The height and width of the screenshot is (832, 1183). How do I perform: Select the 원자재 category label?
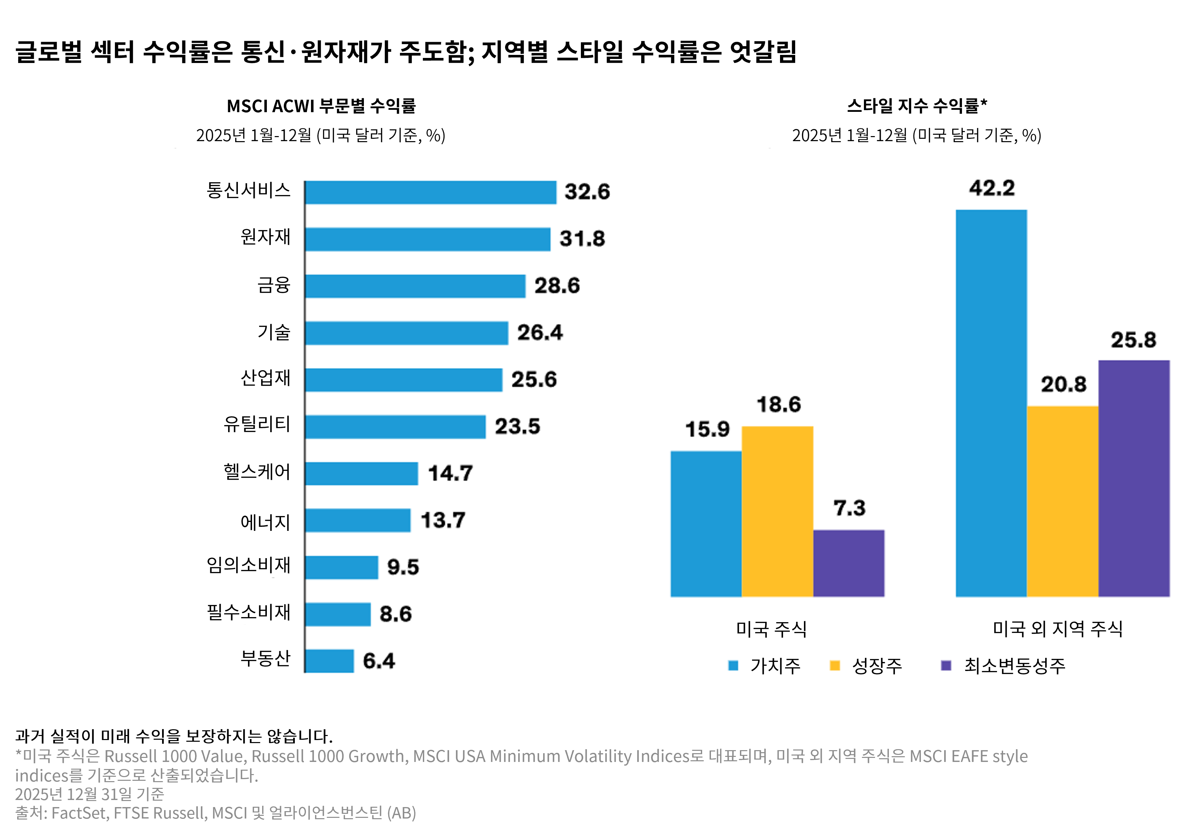[266, 237]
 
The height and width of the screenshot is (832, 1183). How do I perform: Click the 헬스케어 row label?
[257, 472]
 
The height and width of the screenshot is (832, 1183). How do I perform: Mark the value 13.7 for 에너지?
[443, 520]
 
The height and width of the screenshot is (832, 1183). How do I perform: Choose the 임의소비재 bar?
[342, 567]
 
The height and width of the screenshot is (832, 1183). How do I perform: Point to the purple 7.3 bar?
[849, 563]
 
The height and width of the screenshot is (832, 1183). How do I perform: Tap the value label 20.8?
[1063, 385]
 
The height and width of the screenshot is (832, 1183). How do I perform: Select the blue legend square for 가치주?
[733, 666]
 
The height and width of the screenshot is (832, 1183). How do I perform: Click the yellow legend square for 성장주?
[835, 666]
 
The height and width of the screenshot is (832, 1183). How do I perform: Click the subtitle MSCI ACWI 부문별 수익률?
[321, 106]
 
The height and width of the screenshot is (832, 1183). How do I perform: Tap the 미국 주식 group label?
[771, 629]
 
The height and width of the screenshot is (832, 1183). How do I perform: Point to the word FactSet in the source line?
[79, 813]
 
